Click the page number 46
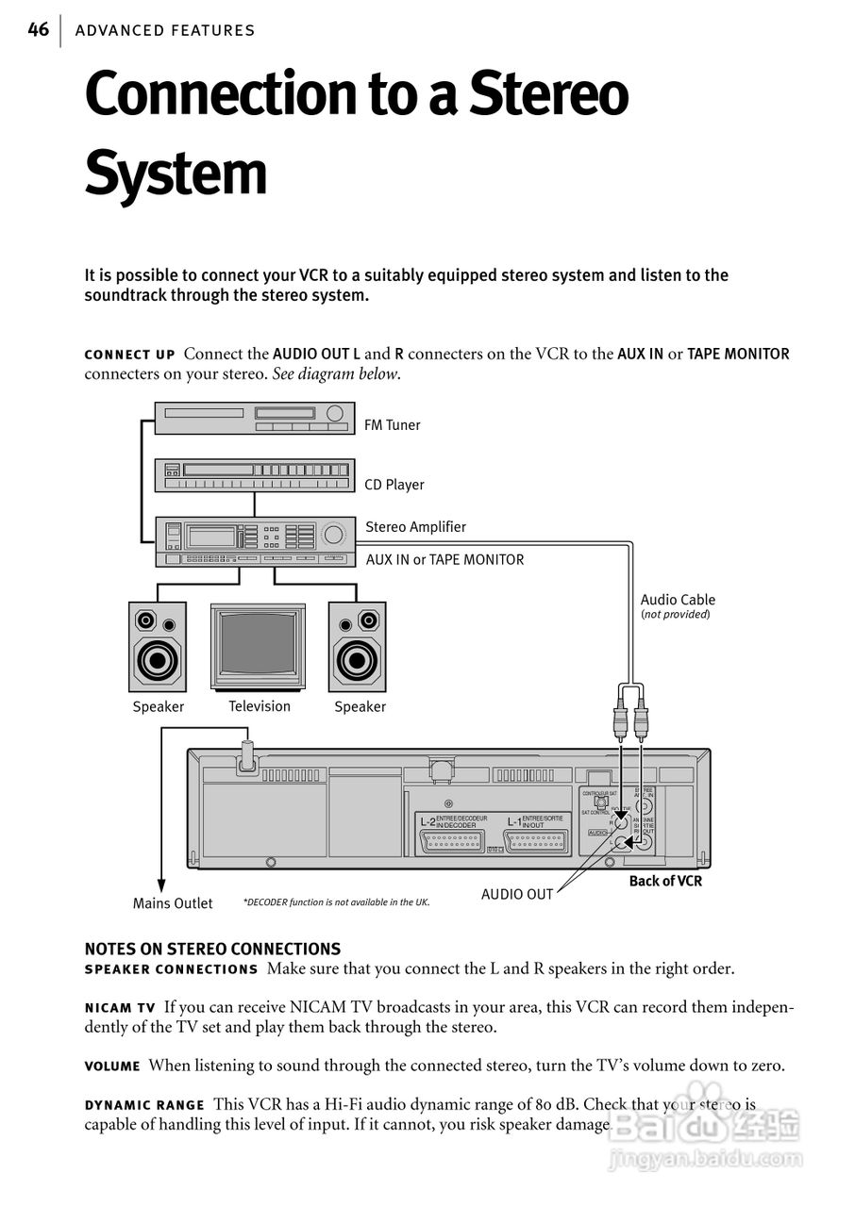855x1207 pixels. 38,30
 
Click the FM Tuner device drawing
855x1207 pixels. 255,419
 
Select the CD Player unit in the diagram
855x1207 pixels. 255,475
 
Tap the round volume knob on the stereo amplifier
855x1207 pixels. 333,535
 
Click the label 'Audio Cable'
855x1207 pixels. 678,600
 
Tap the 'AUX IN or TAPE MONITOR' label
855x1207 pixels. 444,559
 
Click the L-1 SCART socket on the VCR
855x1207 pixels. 537,841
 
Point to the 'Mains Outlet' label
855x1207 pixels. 173,903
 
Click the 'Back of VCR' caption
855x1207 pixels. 665,881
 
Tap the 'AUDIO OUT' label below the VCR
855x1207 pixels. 517,894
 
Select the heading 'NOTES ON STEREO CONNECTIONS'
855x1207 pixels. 212,949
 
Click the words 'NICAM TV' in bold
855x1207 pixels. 120,1008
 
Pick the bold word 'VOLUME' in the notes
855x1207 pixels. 112,1066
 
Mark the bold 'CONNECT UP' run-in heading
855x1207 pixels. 129,355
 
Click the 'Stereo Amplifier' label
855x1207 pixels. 415,527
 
